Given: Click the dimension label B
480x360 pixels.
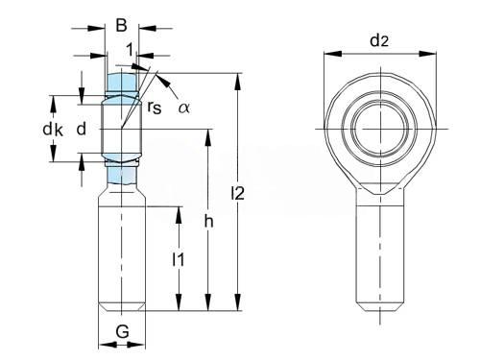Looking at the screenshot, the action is (x=121, y=25).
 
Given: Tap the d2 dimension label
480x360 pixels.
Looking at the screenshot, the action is (x=379, y=41).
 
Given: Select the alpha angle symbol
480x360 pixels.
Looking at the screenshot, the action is (x=184, y=108).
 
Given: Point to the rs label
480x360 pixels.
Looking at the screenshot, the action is (x=155, y=108).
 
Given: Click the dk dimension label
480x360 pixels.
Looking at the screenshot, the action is (x=53, y=130).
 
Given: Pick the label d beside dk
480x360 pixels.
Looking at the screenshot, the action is (x=82, y=129).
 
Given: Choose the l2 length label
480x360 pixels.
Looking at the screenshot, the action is (x=237, y=193).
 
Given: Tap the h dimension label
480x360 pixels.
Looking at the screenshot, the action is (x=208, y=221).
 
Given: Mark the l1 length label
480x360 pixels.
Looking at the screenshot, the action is (x=179, y=259).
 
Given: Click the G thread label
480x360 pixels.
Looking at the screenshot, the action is (x=122, y=331).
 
